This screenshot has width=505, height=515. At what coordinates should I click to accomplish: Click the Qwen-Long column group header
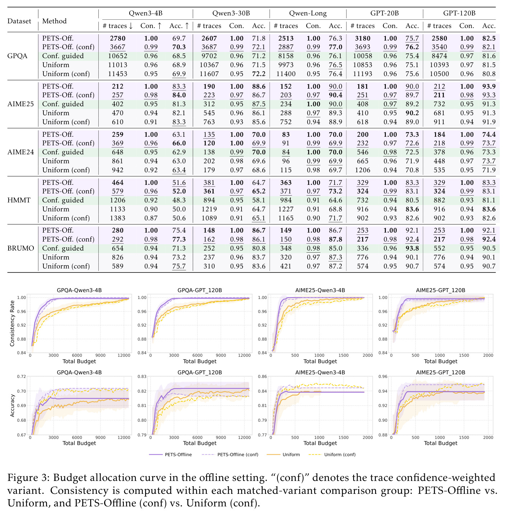click(308, 13)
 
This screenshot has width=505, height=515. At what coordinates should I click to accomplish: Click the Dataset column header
click(19, 21)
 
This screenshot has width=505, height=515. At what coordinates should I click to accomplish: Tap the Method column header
click(54, 21)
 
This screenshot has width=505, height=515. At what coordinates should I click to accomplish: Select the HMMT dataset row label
click(19, 200)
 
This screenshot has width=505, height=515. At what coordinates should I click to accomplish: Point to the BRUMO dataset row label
click(20, 248)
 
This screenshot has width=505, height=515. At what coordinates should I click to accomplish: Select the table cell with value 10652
click(118, 56)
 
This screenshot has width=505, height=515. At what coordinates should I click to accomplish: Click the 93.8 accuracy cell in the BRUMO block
click(412, 248)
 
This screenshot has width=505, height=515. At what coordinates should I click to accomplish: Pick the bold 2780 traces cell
click(118, 38)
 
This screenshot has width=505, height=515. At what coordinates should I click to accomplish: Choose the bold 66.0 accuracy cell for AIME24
click(179, 143)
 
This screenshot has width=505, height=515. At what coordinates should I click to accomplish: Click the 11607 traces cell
click(209, 74)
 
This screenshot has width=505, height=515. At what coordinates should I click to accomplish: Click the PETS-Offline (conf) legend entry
click(230, 455)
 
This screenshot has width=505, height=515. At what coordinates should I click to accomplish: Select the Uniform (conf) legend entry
click(332, 455)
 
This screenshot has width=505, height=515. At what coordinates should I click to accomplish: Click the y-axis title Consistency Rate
click(12, 323)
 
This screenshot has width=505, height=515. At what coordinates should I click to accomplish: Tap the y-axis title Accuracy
click(12, 406)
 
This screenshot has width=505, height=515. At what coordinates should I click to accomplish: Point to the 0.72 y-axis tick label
click(22, 376)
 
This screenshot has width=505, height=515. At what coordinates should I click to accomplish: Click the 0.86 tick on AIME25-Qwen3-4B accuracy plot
click(262, 376)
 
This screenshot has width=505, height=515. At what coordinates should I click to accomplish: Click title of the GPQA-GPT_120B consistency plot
click(200, 290)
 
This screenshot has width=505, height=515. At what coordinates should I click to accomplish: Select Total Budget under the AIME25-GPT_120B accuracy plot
click(440, 443)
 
